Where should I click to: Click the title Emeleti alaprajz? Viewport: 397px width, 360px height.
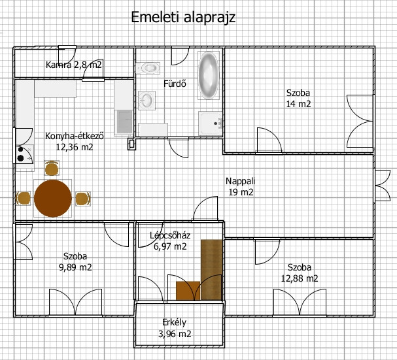click(183, 18)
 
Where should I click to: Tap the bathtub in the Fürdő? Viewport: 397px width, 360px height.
click(209, 75)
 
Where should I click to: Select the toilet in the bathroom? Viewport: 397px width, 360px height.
click(148, 68)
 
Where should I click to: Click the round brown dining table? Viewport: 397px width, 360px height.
click(53, 199)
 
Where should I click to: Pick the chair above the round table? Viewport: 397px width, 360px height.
click(52, 168)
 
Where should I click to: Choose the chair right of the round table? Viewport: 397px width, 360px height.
click(83, 199)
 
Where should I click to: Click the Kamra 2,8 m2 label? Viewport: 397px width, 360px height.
click(74, 65)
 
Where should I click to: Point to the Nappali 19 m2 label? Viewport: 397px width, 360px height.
click(241, 187)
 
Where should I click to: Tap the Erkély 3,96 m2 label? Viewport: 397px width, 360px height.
click(175, 328)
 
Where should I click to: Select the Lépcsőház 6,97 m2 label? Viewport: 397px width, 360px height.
click(170, 241)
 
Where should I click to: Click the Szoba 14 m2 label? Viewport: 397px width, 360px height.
click(298, 99)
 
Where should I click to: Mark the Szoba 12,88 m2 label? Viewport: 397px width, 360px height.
click(300, 273)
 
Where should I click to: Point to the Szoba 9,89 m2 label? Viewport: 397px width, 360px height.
click(75, 262)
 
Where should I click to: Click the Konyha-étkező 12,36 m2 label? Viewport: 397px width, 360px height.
click(75, 141)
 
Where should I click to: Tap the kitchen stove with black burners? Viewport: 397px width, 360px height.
click(25, 155)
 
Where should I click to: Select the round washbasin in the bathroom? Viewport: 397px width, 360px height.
click(147, 101)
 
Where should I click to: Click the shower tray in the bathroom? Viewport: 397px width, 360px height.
click(211, 123)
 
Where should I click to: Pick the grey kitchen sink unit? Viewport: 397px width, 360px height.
click(124, 122)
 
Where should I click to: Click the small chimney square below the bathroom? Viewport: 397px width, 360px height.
click(131, 144)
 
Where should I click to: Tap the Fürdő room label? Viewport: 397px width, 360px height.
click(175, 84)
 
